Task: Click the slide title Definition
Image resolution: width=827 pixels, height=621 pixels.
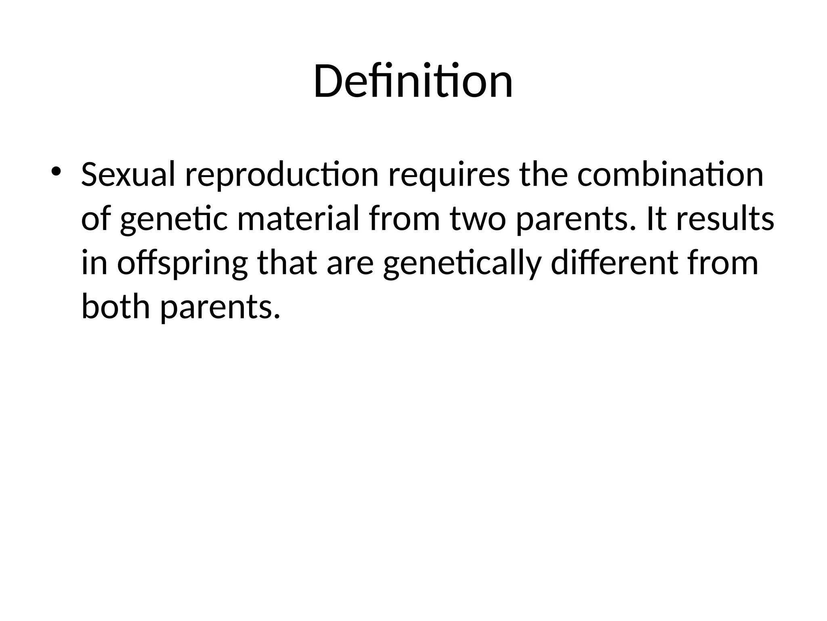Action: pos(413,82)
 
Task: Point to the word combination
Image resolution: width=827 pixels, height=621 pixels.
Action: pos(670,175)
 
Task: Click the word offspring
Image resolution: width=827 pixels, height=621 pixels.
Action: pos(182,264)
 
